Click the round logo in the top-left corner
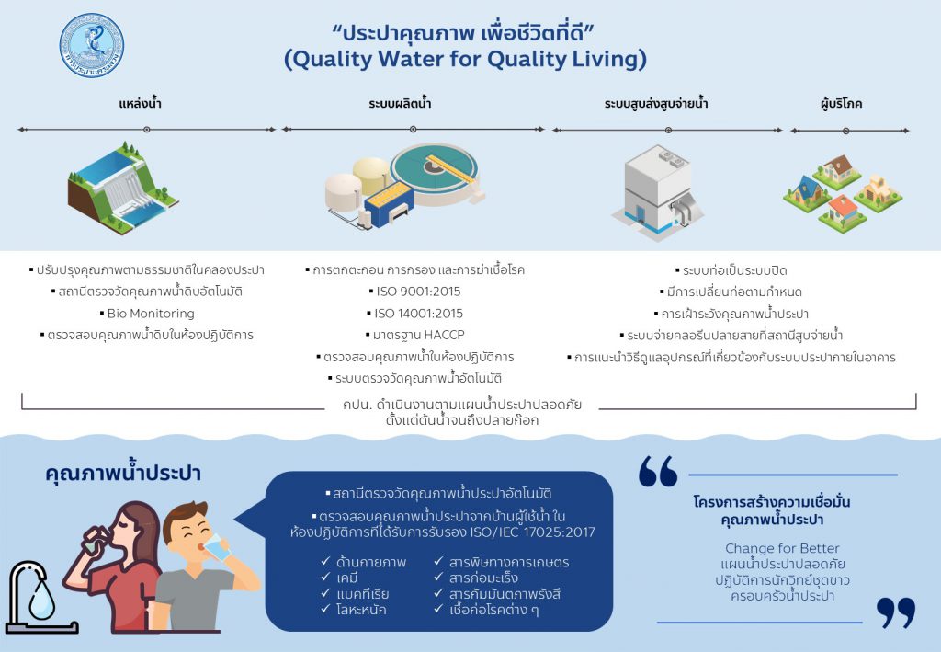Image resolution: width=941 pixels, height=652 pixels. click(91, 45)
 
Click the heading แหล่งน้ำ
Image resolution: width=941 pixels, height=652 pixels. click(141, 104)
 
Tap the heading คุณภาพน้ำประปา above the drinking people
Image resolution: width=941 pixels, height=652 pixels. click(123, 475)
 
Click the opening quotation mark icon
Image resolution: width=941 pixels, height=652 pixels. click(658, 471)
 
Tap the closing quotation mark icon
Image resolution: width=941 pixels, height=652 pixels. click(895, 612)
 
